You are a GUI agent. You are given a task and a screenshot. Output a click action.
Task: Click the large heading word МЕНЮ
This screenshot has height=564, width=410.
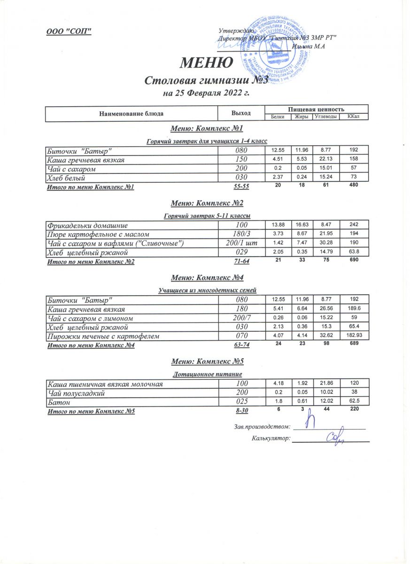207,63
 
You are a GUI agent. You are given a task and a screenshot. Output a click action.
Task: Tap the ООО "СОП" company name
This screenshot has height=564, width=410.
69,31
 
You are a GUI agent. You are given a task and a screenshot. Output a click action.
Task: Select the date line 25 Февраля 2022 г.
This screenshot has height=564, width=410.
205,93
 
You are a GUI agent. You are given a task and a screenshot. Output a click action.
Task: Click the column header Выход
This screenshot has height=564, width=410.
241,113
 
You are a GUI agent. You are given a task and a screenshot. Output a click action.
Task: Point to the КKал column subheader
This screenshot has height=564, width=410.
353,117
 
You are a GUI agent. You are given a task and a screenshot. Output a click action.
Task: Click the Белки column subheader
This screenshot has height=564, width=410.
278,117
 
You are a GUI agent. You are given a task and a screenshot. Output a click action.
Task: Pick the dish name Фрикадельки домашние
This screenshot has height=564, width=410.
87,226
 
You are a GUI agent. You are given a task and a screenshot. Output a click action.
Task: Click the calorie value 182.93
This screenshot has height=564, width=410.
353,336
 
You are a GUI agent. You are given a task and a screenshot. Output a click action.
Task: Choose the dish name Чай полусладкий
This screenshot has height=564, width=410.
76,392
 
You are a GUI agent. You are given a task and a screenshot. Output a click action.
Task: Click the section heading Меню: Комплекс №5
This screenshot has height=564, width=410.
207,361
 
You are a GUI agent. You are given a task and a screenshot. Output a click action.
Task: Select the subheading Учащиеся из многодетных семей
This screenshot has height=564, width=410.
207,289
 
